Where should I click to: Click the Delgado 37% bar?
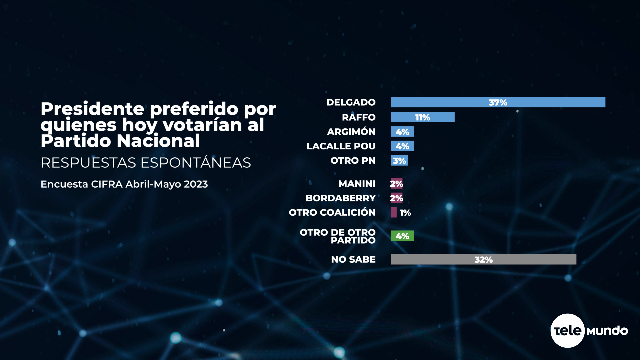[x=498, y=102]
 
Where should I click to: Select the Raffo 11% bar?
[x=422, y=117]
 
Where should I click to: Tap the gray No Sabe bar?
[x=483, y=259]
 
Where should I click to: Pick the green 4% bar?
[x=402, y=236]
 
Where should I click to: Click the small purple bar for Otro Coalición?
[x=394, y=212]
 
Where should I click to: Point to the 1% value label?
[x=405, y=213]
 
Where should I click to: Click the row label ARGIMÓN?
[x=351, y=132]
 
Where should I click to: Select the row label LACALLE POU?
[x=341, y=146]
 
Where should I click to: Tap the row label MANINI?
[x=357, y=184]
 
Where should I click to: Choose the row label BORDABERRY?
[x=340, y=198]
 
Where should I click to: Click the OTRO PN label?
[x=353, y=161]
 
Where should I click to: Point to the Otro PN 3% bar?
[x=399, y=161]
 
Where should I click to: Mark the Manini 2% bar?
[x=396, y=184]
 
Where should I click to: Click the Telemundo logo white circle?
[x=567, y=331]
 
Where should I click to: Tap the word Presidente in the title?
[x=92, y=109]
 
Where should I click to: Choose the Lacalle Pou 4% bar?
[x=402, y=146]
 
